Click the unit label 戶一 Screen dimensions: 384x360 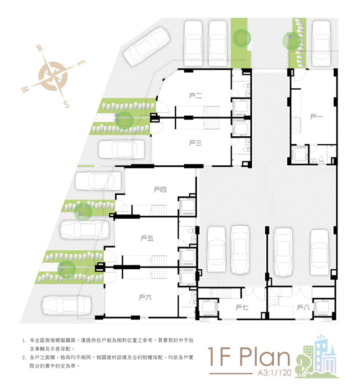tap(316, 117)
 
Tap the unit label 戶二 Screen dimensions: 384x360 tap(195, 96)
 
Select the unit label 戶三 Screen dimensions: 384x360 tap(195, 143)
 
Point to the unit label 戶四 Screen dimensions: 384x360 tap(160, 190)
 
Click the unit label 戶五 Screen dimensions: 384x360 tap(147, 238)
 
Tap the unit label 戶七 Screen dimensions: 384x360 tap(242, 307)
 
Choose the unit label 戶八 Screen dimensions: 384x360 tap(303, 307)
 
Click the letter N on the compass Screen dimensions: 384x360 tap(40, 48)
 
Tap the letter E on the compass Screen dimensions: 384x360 tap(81, 63)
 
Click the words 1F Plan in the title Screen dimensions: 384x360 tap(249, 358)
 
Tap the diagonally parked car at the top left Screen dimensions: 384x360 tap(146, 46)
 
